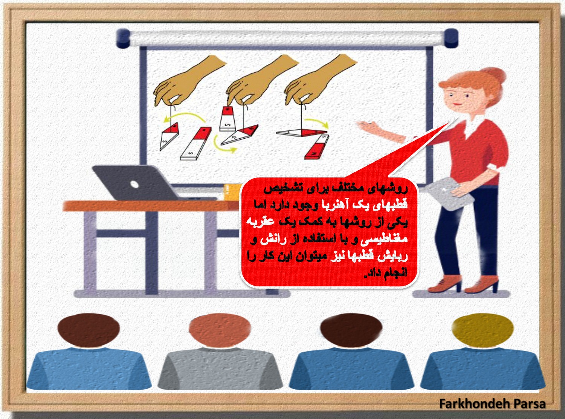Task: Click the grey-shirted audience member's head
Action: click(220, 331)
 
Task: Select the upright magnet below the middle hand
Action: click(228, 119)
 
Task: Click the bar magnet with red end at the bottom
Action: click(317, 147)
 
